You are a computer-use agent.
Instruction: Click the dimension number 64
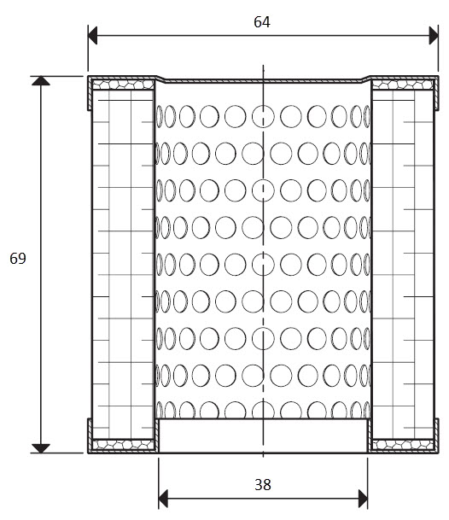click(x=262, y=22)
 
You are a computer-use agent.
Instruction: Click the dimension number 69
click(x=18, y=259)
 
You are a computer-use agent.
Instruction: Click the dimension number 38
click(x=263, y=484)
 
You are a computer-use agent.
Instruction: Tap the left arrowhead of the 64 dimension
click(x=92, y=36)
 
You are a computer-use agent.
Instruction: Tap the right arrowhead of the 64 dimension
click(x=434, y=36)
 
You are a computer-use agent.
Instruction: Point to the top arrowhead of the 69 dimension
click(x=41, y=81)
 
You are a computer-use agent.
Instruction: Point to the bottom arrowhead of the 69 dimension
click(x=41, y=448)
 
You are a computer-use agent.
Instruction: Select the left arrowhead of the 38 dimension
click(x=163, y=499)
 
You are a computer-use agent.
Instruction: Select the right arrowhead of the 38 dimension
click(x=363, y=499)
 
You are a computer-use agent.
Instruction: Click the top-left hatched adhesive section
click(x=123, y=85)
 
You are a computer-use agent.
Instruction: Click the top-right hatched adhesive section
click(x=403, y=85)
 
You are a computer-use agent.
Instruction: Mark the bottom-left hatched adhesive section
click(x=123, y=444)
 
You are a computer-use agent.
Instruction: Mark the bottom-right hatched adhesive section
click(x=403, y=444)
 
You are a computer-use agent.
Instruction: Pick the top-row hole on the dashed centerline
click(x=263, y=116)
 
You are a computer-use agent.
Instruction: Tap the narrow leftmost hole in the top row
click(x=159, y=116)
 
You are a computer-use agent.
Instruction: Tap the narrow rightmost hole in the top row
click(x=367, y=116)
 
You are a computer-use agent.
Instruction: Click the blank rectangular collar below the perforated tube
click(x=263, y=435)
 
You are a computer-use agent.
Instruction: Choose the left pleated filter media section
click(x=123, y=265)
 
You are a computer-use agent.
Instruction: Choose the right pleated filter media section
click(x=403, y=265)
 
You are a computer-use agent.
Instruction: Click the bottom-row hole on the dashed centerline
click(x=263, y=410)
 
